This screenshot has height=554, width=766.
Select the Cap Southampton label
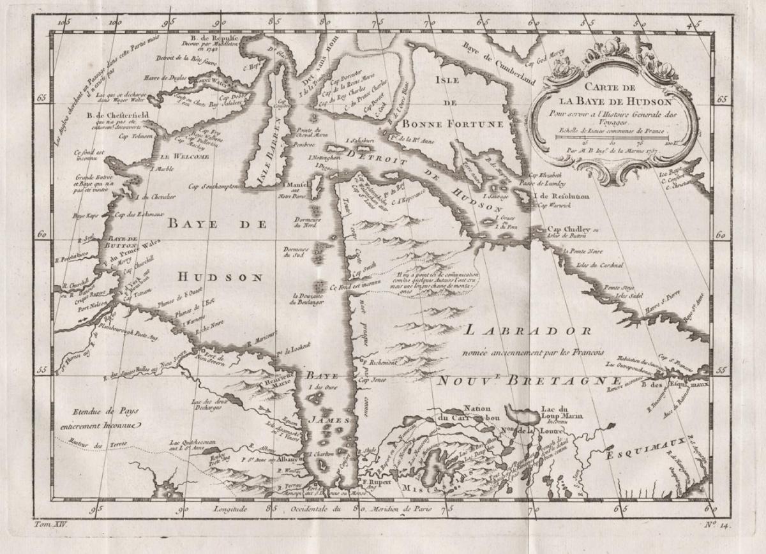tap(213, 186)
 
